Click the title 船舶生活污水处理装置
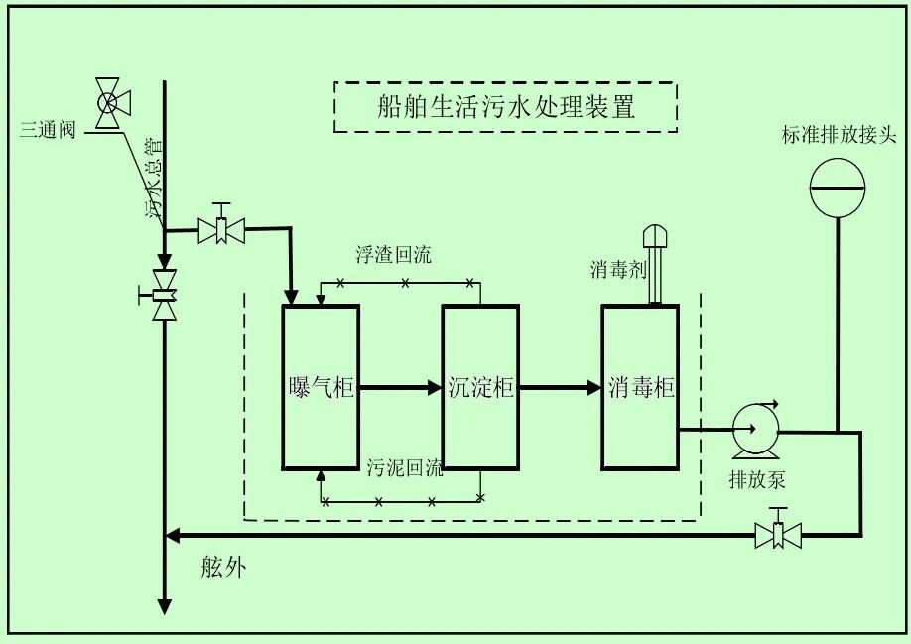506,107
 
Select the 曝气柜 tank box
320,387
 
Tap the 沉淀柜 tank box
480,387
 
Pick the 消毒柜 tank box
640,387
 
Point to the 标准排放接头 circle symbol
838,186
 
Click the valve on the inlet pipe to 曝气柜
222,230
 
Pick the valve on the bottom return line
779,535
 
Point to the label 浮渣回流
393,255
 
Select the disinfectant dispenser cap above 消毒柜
656,236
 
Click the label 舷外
222,568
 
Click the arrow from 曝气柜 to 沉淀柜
400,388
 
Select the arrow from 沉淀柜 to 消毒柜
560,388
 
